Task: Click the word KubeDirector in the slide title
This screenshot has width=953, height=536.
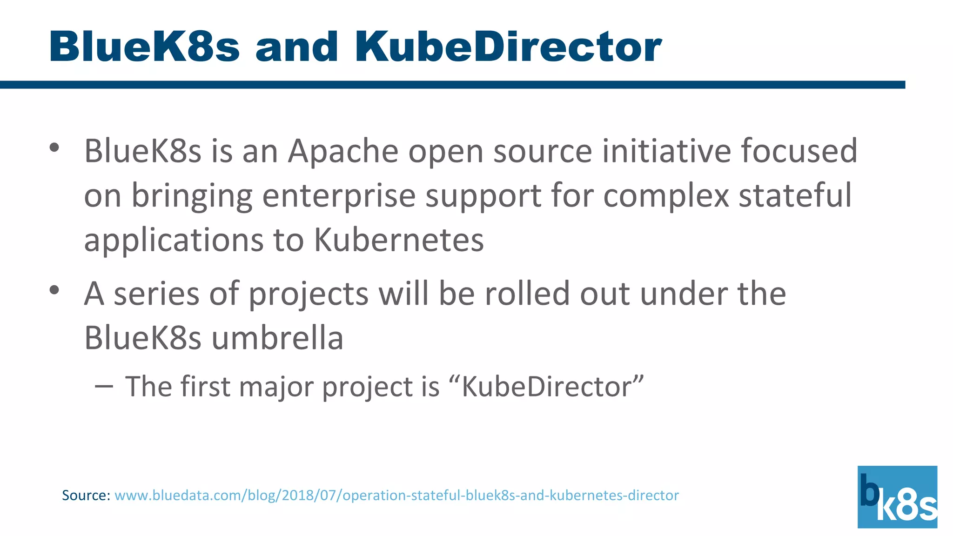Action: tap(508, 47)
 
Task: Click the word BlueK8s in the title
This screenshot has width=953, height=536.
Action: tap(144, 47)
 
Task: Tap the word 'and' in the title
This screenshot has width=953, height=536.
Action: tap(296, 47)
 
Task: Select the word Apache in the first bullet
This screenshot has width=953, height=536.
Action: tap(343, 151)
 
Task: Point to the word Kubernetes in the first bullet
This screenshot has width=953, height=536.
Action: tap(399, 240)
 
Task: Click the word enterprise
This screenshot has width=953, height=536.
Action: tap(339, 195)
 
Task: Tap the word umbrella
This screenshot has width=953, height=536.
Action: tap(277, 338)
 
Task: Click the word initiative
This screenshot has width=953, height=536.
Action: tap(666, 151)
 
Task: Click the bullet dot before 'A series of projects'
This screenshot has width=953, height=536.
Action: tap(54, 290)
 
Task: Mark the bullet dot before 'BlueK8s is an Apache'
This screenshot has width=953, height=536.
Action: tap(54, 147)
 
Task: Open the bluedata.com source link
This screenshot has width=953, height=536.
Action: tap(396, 495)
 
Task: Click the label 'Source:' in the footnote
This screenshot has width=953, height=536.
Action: tap(86, 495)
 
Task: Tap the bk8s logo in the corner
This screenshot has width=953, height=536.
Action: tap(897, 497)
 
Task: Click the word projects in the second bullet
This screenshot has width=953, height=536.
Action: tap(308, 294)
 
